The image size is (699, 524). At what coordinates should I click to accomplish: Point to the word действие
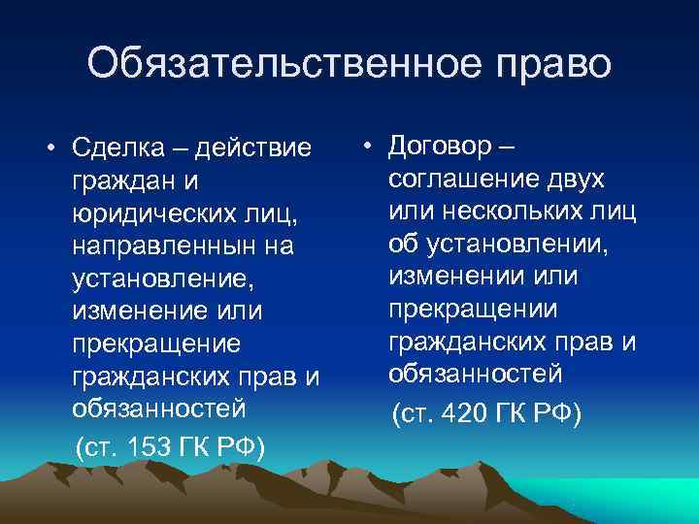tap(254, 149)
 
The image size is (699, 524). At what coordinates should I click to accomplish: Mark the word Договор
tap(443, 146)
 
